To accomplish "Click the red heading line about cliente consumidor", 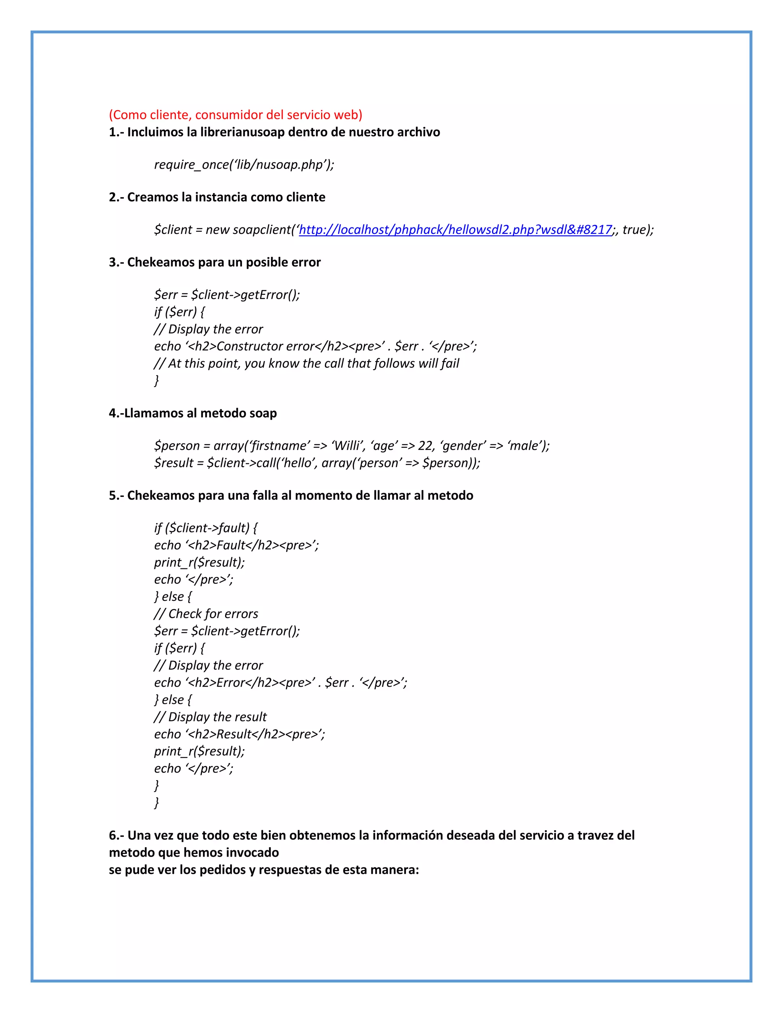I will (235, 115).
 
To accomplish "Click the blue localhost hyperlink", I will (455, 230).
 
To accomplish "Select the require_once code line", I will (244, 165).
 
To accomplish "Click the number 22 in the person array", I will (425, 446).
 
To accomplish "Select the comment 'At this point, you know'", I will (306, 363).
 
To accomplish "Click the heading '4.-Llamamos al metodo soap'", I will (193, 413).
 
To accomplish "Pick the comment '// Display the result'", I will (210, 717).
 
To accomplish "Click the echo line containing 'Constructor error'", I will (315, 346).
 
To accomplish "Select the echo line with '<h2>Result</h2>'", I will (239, 734).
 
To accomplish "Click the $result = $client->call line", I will (317, 463).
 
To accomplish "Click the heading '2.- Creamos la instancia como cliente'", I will (217, 197).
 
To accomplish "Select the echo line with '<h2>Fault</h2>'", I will (236, 545).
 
